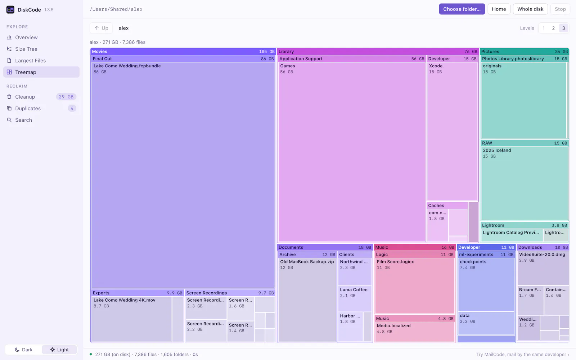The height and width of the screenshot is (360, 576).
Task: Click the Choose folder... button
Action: [x=462, y=9]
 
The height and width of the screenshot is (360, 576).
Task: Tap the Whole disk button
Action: [x=530, y=9]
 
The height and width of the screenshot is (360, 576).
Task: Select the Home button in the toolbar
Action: [x=499, y=9]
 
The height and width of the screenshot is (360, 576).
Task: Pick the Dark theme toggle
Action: [x=24, y=350]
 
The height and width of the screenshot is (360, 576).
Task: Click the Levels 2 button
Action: [x=553, y=28]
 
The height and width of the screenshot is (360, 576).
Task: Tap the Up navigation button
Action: [x=101, y=28]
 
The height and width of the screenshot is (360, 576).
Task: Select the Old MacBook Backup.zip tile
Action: [x=307, y=300]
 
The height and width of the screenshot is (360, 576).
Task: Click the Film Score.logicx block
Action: [x=415, y=286]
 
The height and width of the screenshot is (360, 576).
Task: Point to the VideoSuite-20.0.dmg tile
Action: [x=543, y=268]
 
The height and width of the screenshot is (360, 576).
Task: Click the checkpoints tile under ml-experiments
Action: [x=486, y=285]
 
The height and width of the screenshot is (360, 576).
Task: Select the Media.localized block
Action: [x=415, y=332]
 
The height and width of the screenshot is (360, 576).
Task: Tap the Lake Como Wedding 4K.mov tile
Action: [x=132, y=319]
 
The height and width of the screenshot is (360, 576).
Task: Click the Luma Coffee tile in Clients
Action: [x=355, y=298]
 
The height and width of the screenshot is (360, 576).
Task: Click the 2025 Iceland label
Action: [x=497, y=150]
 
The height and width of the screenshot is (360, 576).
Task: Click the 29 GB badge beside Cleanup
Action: [x=66, y=97]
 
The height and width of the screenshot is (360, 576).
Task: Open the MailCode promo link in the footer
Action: [x=522, y=354]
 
